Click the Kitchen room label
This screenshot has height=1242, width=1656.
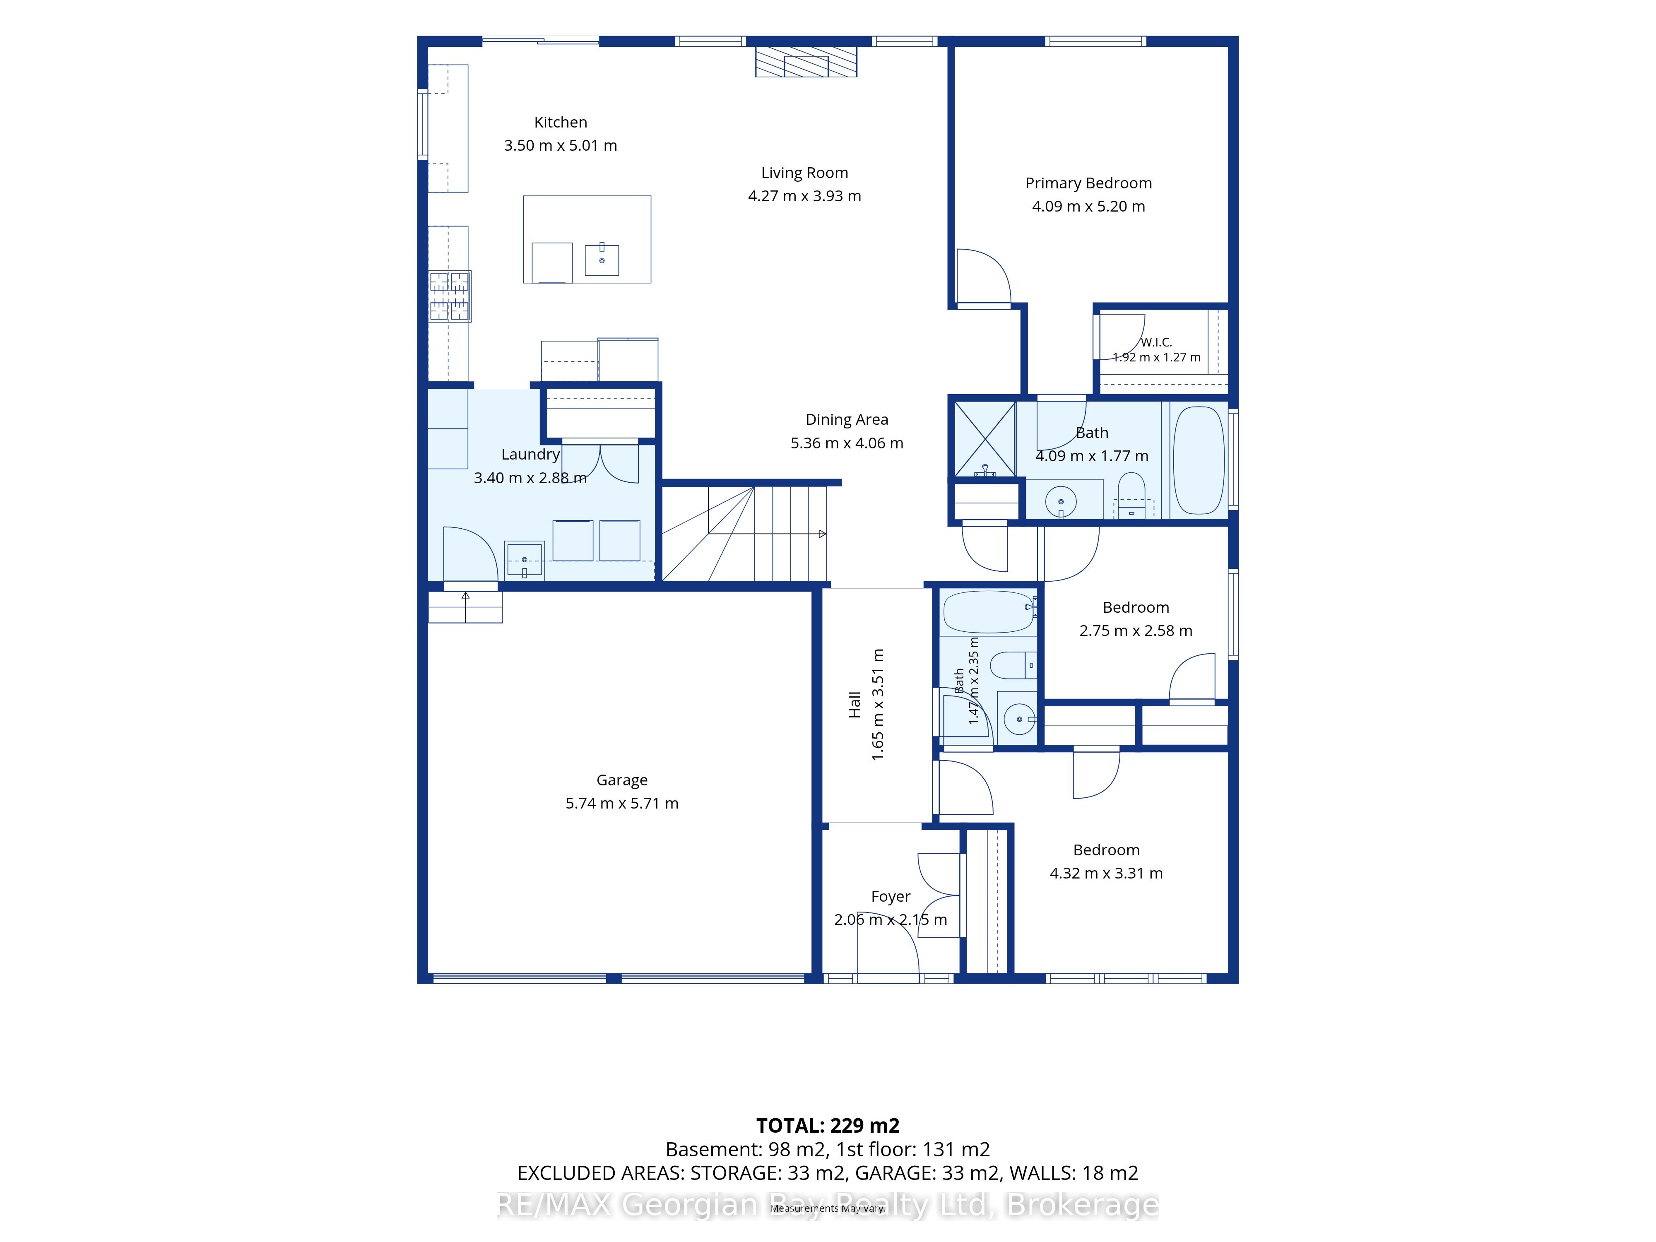[x=560, y=122]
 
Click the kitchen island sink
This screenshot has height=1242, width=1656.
[x=602, y=259]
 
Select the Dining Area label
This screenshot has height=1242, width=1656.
[x=847, y=420]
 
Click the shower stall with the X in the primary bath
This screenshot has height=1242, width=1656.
[x=985, y=439]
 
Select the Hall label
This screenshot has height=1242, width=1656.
[x=854, y=705]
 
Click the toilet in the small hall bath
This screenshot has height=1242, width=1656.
[x=1013, y=665]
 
